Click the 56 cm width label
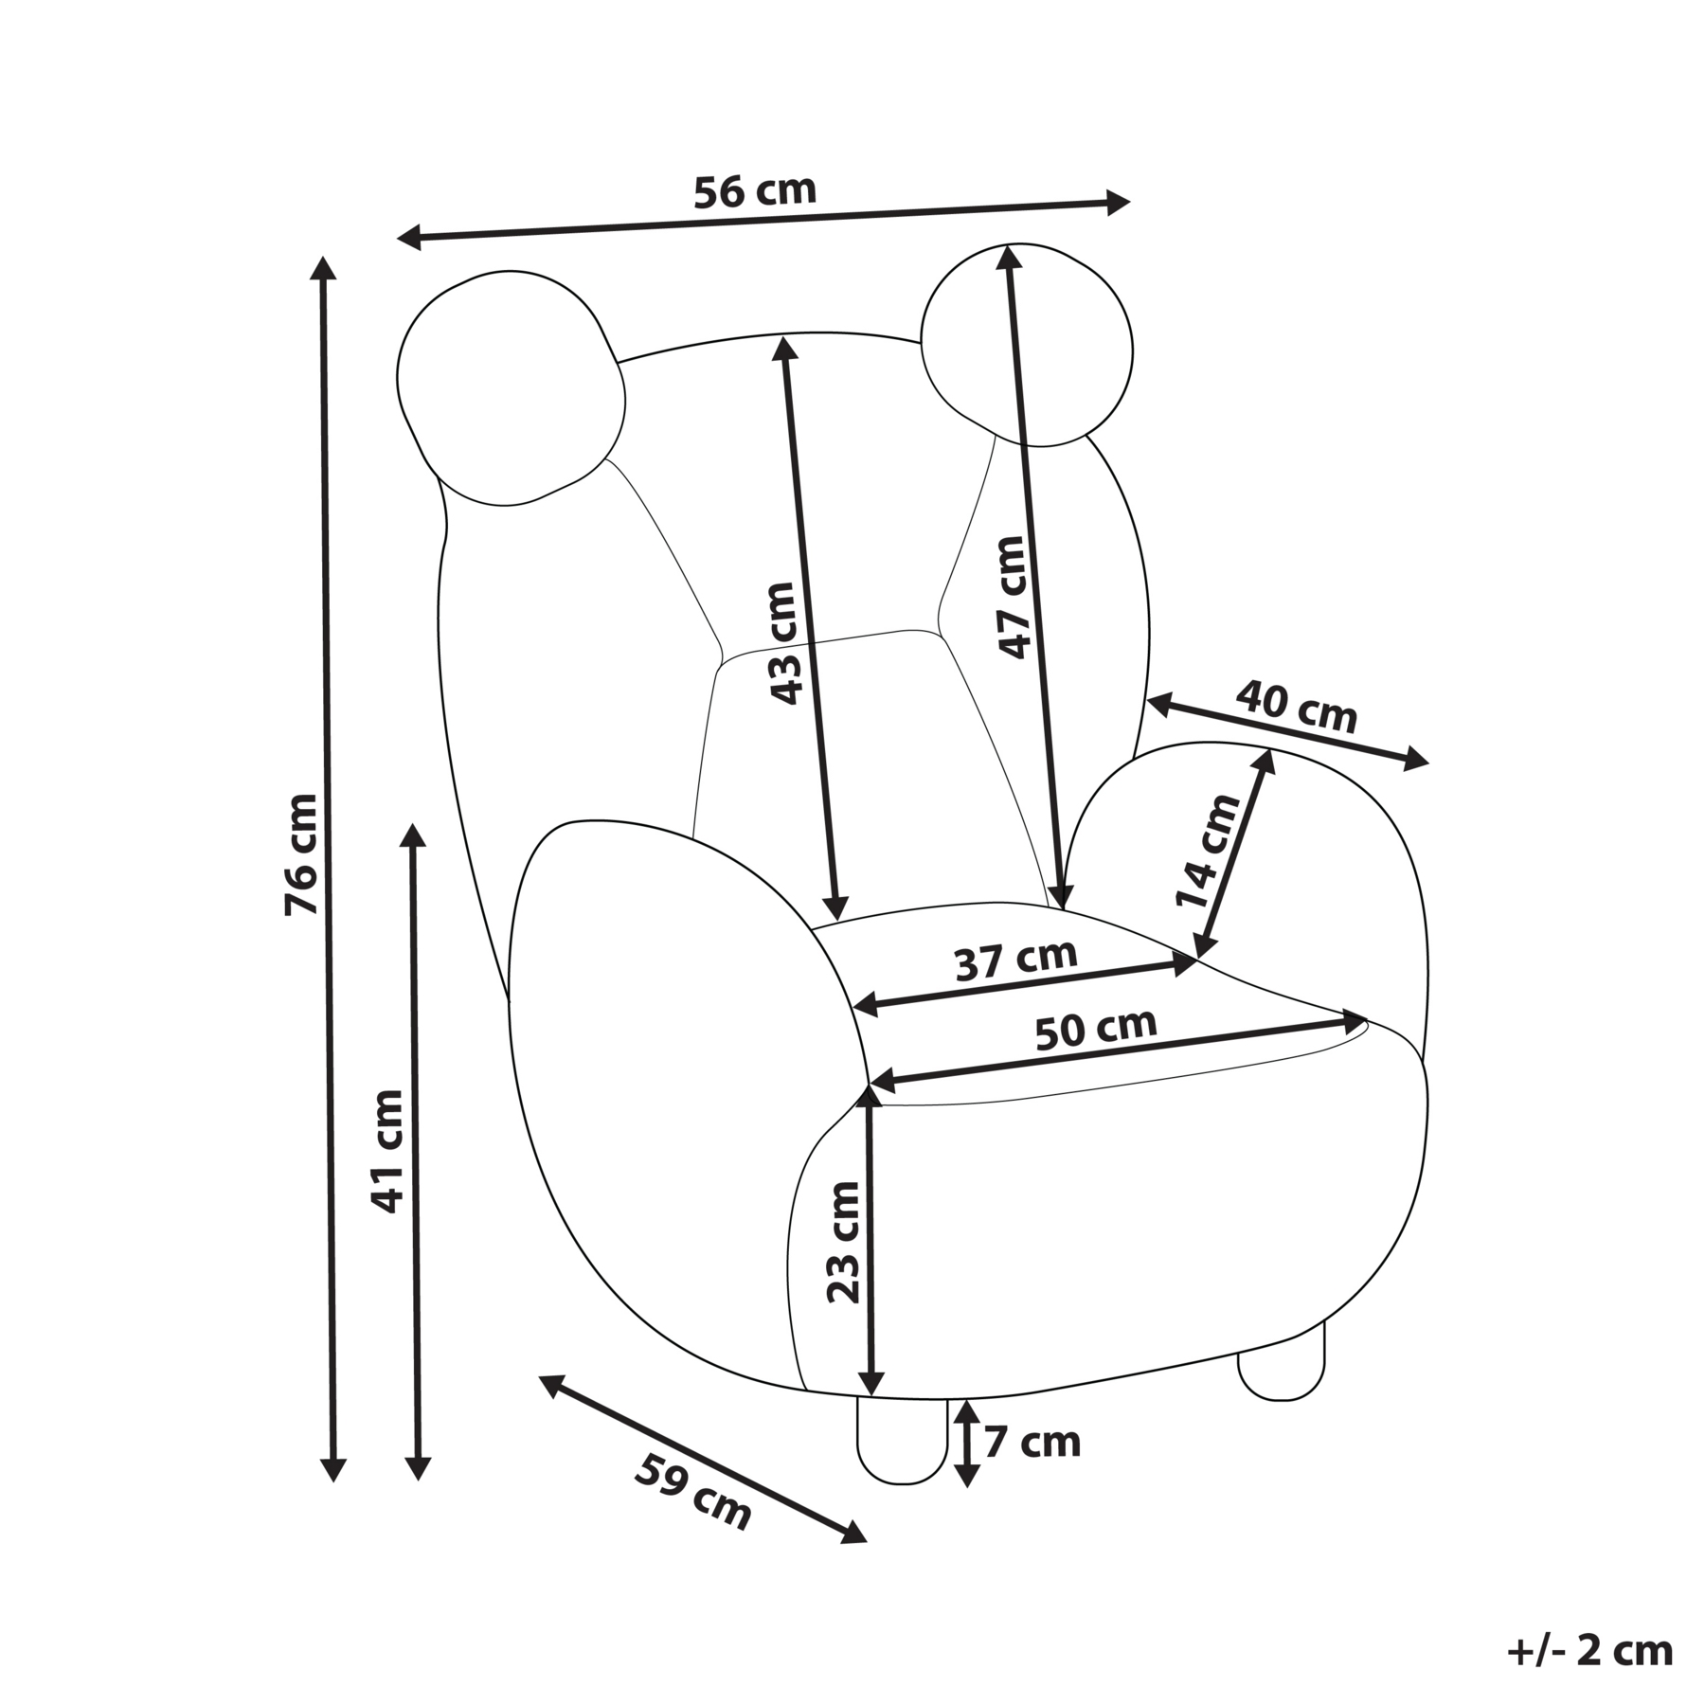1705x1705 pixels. [x=755, y=190]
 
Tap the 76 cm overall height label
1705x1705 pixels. [x=302, y=853]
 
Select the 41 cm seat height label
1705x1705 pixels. [x=387, y=1152]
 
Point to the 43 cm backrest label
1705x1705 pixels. [x=784, y=643]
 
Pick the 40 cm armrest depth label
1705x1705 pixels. [x=1296, y=707]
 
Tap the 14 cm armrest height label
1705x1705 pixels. [x=1208, y=852]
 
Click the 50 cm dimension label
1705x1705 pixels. [x=1096, y=1029]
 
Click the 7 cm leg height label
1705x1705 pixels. [x=1032, y=1443]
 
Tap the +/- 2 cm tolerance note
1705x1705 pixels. [x=1589, y=1651]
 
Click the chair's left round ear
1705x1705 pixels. [x=511, y=388]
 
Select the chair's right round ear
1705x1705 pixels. [x=1027, y=345]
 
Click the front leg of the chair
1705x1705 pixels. [x=902, y=1437]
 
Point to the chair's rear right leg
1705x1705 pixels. [x=1282, y=1360]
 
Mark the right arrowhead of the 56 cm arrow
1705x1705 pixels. [x=1119, y=203]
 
